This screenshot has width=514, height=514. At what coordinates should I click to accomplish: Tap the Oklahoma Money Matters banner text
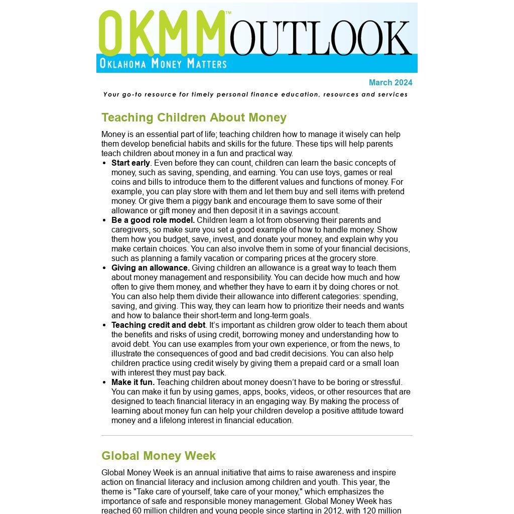coord(163,63)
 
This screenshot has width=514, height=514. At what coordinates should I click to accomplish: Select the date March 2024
coord(390,83)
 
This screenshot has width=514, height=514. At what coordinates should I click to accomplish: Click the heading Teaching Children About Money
coord(194,117)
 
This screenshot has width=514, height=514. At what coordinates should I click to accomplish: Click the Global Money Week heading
coord(158,456)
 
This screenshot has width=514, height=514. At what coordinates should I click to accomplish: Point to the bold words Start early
coord(131,163)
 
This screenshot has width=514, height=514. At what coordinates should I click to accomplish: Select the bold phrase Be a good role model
coord(153,220)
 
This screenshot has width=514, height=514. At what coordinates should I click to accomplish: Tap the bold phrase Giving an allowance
coord(151,268)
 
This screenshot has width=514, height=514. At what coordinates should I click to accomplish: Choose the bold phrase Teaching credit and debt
coord(159,325)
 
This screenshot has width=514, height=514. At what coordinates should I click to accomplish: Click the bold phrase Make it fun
coord(133,382)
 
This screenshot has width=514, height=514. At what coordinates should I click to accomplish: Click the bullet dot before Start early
coord(104,163)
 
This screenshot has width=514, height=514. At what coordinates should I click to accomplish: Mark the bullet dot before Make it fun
coord(104,382)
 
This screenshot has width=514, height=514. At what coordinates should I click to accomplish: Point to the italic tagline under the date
coord(255,94)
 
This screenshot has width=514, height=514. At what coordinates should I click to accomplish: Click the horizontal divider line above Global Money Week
coord(256,435)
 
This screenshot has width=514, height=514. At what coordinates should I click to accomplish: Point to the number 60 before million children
coord(137,510)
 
